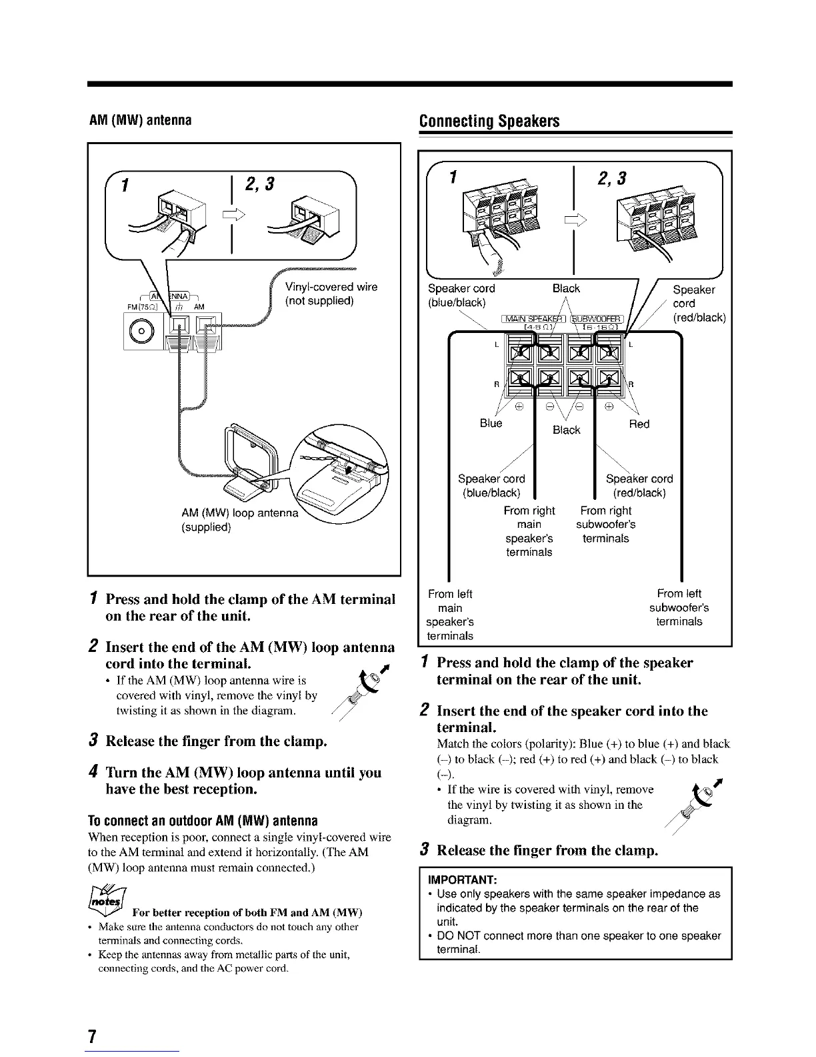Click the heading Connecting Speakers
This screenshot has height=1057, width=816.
489,121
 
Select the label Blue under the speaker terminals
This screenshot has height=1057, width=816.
491,424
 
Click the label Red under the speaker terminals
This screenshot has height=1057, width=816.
639,424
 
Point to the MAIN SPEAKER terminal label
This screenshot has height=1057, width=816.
533,318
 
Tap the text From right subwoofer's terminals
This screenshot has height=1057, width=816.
605,524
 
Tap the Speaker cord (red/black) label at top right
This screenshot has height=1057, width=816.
698,303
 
